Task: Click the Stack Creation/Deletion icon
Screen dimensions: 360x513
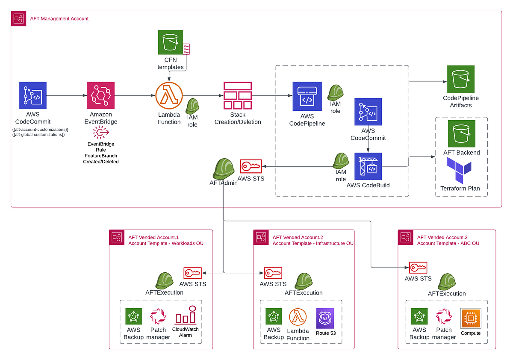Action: coord(238,95)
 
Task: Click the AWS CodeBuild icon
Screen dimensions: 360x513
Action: coord(368,167)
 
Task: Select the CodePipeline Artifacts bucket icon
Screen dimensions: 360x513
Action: coord(461,79)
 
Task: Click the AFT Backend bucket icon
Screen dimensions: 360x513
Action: coord(462,133)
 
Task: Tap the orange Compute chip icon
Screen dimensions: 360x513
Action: coord(470,318)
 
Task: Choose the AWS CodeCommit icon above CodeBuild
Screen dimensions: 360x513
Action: coord(368,112)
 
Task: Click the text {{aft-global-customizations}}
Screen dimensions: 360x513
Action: coord(38,135)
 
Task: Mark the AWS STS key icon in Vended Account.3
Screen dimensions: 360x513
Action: coord(418,268)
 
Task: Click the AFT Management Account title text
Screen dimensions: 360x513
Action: coord(59,19)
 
